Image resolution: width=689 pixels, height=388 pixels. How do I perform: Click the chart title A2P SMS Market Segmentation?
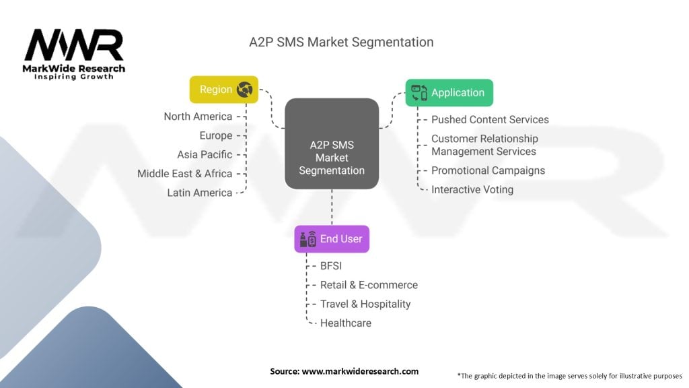click(341, 42)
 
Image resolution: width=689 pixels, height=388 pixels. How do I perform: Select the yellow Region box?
click(224, 90)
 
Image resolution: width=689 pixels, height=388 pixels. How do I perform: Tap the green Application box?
click(449, 93)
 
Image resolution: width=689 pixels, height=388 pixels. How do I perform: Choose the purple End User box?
click(332, 239)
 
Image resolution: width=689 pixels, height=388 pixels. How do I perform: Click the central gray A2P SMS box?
click(332, 143)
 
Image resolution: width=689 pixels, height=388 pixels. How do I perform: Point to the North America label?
click(198, 117)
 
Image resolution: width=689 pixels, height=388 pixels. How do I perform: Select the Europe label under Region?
click(215, 135)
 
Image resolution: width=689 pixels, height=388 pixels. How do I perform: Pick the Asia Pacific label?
click(205, 154)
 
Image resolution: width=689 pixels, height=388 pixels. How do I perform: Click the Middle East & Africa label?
click(184, 174)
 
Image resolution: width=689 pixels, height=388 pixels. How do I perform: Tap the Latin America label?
click(199, 193)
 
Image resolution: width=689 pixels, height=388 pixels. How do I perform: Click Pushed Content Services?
click(490, 120)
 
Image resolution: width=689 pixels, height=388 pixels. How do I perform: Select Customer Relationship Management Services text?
click(484, 145)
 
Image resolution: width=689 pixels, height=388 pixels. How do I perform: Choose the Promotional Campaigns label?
click(488, 170)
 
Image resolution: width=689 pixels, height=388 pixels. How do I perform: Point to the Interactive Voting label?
click(472, 190)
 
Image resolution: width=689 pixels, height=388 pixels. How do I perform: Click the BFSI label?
click(330, 266)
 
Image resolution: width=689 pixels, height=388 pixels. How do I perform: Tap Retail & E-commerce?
click(369, 285)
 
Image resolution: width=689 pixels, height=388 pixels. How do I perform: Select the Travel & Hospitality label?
click(365, 304)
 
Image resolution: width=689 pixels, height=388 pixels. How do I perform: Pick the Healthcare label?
click(345, 323)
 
